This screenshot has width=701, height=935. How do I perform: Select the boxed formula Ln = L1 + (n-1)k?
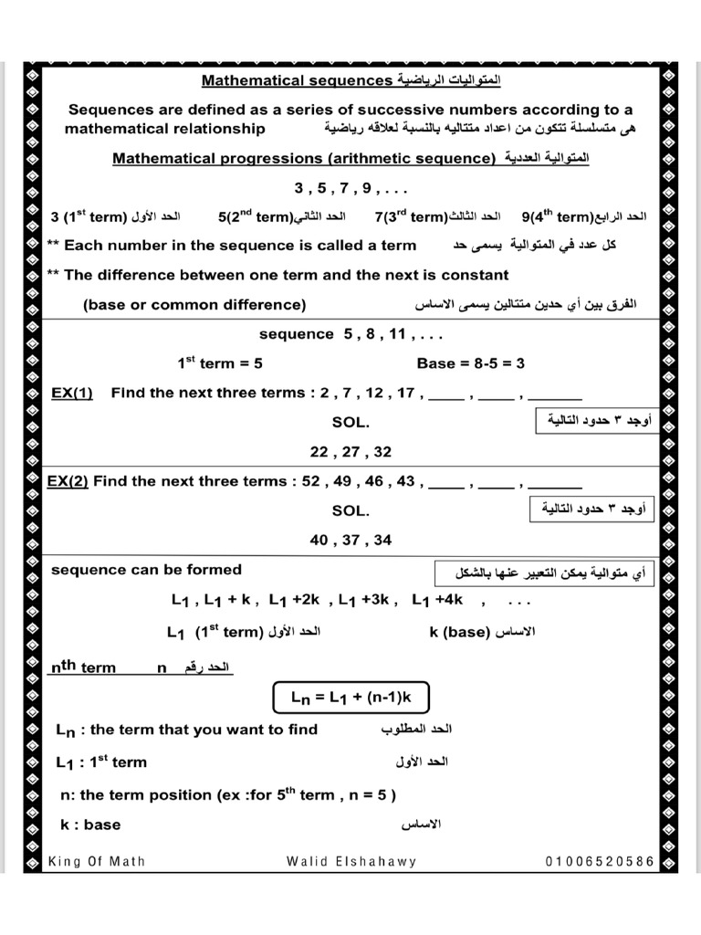[x=351, y=698]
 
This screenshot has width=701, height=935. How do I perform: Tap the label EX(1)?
[x=72, y=393]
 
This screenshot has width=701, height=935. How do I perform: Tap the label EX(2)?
[x=69, y=481]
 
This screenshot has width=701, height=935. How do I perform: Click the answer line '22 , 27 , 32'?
[x=350, y=452]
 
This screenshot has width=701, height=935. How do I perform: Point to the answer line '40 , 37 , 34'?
[x=350, y=541]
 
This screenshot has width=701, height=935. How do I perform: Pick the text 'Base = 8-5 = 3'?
[x=470, y=363]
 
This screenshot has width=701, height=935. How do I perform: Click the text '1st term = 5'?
[x=220, y=363]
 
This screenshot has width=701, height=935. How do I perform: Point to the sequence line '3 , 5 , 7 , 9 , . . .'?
[x=350, y=189]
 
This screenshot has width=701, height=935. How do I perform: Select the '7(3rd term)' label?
[x=410, y=217]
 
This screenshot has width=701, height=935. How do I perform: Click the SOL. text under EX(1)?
[x=350, y=423]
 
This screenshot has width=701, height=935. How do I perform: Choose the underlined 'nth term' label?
[x=83, y=667]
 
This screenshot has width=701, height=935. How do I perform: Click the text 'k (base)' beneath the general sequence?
[x=460, y=632]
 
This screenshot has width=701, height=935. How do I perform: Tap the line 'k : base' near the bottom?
[x=89, y=825]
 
